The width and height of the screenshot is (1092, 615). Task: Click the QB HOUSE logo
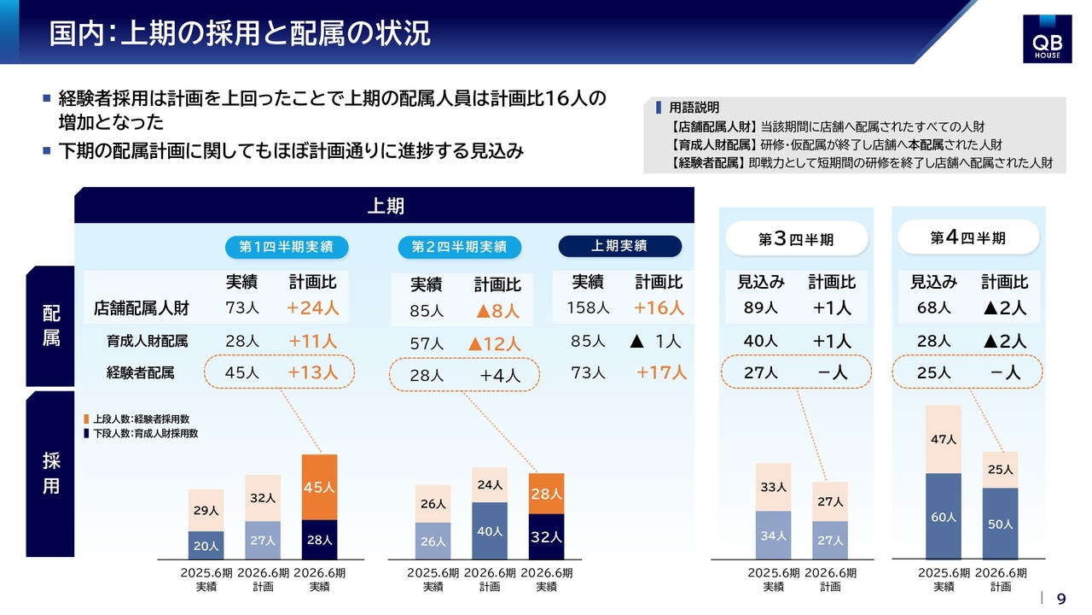click(1047, 38)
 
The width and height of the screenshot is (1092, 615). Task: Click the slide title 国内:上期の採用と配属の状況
click(240, 33)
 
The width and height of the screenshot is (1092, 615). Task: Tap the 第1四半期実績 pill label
click(287, 247)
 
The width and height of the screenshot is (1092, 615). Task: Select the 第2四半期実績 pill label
click(459, 247)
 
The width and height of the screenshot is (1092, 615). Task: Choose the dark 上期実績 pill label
click(619, 246)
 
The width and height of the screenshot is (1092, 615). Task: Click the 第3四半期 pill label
click(796, 239)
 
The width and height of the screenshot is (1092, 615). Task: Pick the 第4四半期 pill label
click(967, 237)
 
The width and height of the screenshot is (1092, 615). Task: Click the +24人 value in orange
click(313, 307)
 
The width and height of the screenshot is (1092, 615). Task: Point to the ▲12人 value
click(494, 343)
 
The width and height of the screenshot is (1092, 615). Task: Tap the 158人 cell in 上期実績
click(586, 307)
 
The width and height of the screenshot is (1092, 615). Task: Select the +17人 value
click(661, 372)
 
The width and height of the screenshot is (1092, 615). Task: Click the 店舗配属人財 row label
click(142, 308)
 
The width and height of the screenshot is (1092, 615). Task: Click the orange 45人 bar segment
click(319, 487)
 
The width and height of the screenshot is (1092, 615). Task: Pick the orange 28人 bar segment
click(546, 494)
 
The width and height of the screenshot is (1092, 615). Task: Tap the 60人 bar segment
click(944, 516)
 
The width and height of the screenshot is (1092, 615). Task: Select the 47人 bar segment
click(944, 439)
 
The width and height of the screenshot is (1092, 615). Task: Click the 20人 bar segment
click(206, 545)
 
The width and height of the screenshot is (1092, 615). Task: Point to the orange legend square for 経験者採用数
click(86, 419)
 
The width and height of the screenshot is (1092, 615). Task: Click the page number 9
click(1061, 599)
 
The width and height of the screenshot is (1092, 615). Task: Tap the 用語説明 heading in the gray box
click(694, 108)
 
